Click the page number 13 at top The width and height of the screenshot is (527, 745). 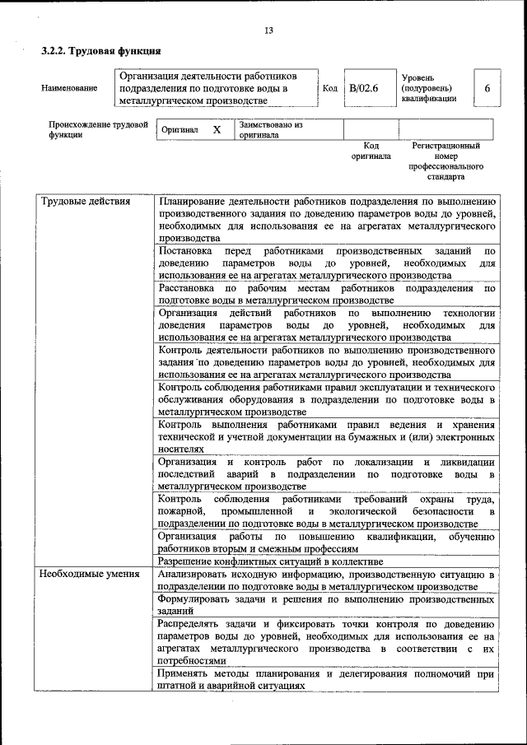click(x=268, y=31)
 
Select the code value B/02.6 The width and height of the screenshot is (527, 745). click(x=363, y=88)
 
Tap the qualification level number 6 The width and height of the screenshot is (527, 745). click(x=487, y=88)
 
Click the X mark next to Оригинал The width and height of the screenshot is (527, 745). click(x=217, y=130)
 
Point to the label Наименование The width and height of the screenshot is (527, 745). click(x=69, y=88)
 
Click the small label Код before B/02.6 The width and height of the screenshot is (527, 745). click(x=330, y=88)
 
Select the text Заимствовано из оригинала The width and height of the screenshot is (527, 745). click(x=271, y=130)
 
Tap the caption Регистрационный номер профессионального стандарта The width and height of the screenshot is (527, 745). click(x=445, y=161)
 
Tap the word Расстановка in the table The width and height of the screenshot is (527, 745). click(x=188, y=289)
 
